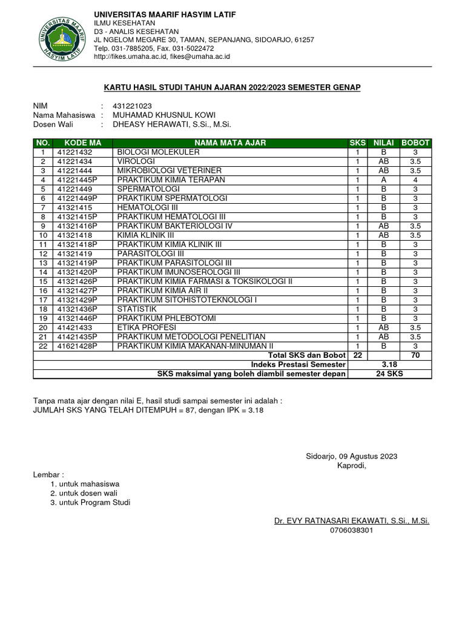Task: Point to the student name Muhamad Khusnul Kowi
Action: point(164,115)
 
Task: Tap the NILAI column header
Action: point(383,143)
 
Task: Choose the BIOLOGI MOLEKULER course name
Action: point(158,152)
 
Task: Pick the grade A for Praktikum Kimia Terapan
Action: point(383,180)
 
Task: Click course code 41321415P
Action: point(77,217)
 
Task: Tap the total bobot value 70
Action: point(415,355)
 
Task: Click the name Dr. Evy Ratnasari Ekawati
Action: point(352,520)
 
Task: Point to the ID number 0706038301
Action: point(352,530)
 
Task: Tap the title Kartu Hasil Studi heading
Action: point(232,88)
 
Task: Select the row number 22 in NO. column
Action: point(43,346)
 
